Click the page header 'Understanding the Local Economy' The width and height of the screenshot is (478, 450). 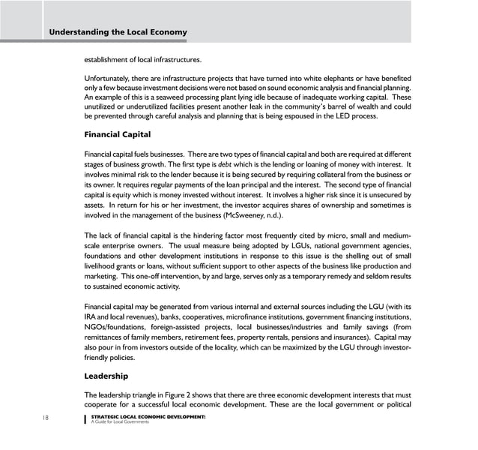[x=118, y=32]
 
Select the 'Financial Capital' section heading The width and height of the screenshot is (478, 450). [x=118, y=135]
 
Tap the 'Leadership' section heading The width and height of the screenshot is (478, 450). [x=106, y=376]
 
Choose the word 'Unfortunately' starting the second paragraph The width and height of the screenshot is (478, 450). [x=109, y=79]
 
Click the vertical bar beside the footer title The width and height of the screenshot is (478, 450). [x=85, y=418]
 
